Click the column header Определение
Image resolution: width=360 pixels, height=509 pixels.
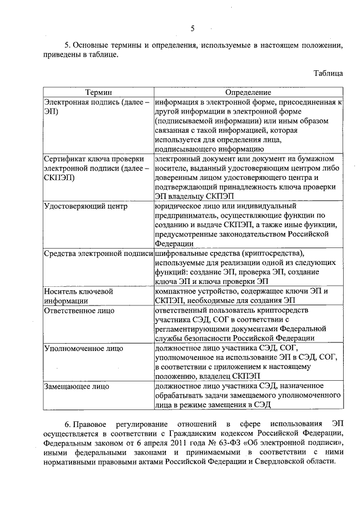(x=248, y=92)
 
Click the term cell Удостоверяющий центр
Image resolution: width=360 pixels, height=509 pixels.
(x=86, y=206)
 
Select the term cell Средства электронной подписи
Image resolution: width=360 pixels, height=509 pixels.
(x=98, y=254)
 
